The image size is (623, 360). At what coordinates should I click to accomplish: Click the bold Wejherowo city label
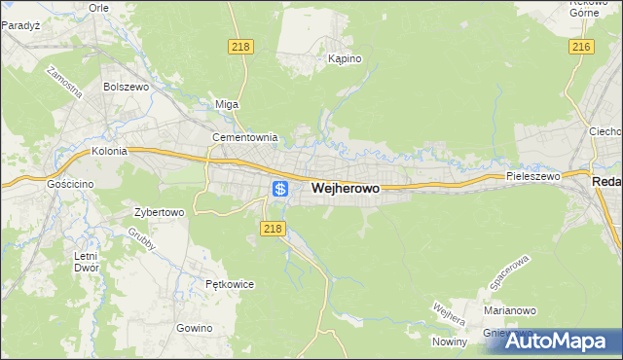point(345,188)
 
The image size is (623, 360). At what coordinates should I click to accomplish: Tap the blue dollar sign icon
point(279,188)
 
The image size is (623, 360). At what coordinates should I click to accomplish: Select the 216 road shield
point(582,47)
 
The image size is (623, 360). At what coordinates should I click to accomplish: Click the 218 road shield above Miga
point(239,47)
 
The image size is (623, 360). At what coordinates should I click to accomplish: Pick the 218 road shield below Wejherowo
point(273,229)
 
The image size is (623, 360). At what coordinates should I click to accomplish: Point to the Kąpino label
point(345,59)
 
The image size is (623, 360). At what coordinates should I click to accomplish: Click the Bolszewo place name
point(125,87)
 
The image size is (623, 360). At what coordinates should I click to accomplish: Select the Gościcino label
point(69,183)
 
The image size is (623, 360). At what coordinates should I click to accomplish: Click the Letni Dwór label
point(87,262)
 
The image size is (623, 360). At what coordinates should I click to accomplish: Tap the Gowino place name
point(195,328)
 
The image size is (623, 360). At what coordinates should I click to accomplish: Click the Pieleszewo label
point(533,177)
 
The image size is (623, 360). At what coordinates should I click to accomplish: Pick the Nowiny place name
point(452,341)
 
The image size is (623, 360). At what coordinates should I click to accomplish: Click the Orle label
point(98,7)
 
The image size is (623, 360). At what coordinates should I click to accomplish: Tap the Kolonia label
point(110,152)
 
